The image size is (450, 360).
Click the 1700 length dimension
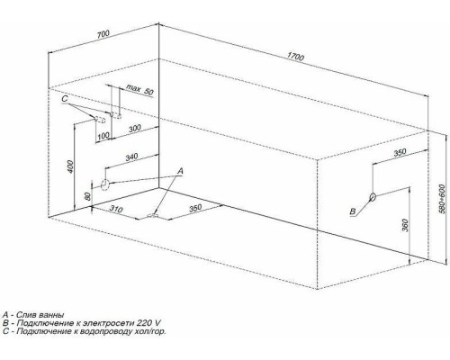click(x=295, y=57)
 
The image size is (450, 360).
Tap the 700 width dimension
click(x=103, y=34)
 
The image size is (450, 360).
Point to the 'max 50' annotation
click(x=139, y=89)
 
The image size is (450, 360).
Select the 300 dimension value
click(x=135, y=129)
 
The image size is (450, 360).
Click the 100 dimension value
click(x=103, y=136)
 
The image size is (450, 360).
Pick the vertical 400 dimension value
click(x=70, y=166)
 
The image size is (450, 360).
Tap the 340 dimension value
click(x=131, y=157)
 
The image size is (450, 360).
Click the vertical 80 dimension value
click(x=88, y=196)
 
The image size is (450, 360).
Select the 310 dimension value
click(x=115, y=209)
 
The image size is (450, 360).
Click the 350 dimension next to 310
click(x=195, y=208)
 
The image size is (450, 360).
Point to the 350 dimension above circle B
click(x=400, y=152)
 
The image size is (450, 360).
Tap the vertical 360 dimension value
click(x=405, y=225)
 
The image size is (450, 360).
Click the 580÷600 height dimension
click(x=443, y=199)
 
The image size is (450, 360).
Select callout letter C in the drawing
click(x=65, y=99)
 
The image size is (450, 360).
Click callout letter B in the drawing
click(x=353, y=211)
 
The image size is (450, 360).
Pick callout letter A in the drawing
click(x=180, y=171)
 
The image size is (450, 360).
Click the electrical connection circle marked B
click(x=373, y=196)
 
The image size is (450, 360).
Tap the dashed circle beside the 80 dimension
click(x=105, y=184)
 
